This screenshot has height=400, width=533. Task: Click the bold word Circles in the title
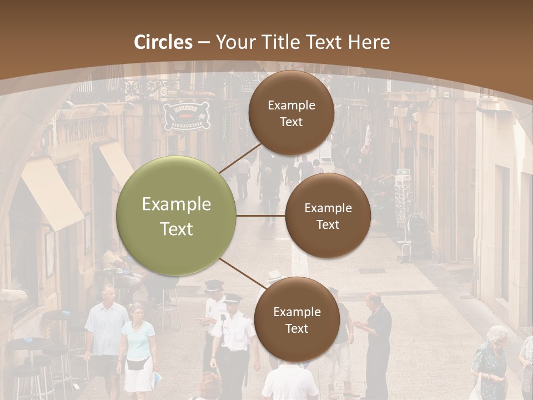pyautogui.click(x=163, y=42)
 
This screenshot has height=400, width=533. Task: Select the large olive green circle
pyautogui.click(x=177, y=216)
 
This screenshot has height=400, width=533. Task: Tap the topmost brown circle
pyautogui.click(x=291, y=113)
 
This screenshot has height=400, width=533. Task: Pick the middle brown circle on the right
pyautogui.click(x=328, y=216)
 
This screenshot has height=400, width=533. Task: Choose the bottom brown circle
pyautogui.click(x=296, y=319)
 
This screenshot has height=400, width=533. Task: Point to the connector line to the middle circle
pyautogui.click(x=261, y=216)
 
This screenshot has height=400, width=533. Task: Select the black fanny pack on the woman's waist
pyautogui.click(x=137, y=364)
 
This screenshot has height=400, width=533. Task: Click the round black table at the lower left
pyautogui.click(x=28, y=344)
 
